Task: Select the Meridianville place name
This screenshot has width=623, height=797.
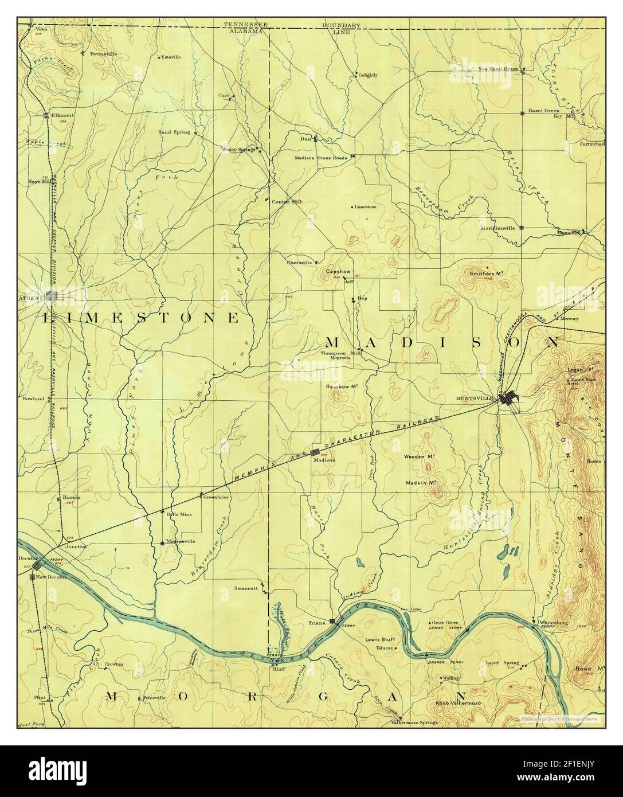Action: (x=497, y=228)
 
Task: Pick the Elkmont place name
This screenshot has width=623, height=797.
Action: (x=60, y=115)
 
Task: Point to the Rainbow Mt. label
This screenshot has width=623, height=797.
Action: (x=342, y=386)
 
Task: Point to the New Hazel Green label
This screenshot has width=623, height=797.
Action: (x=498, y=69)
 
